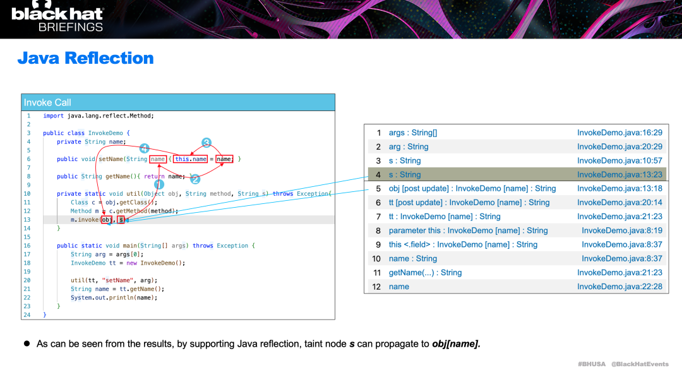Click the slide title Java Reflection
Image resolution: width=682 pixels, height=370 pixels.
(86, 58)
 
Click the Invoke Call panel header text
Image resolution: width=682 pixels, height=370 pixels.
(47, 102)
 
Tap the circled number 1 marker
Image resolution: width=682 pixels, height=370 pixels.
(159, 184)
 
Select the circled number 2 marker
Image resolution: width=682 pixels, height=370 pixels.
(195, 179)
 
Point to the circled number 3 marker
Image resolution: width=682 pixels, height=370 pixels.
(206, 143)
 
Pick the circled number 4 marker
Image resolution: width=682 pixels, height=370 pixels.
(144, 148)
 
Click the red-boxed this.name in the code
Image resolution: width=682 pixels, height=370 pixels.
(191, 159)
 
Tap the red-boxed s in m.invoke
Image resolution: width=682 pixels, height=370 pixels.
(121, 220)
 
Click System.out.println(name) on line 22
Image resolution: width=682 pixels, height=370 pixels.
(114, 297)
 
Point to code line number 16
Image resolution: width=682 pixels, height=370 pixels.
(28, 246)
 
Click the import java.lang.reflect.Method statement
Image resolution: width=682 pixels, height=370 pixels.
(98, 116)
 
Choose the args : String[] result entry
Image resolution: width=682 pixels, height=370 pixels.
(412, 133)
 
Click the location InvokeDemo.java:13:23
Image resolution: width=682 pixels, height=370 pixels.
(619, 175)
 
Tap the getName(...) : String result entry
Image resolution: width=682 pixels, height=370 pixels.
(425, 273)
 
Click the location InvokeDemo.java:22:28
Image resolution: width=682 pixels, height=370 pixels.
(619, 287)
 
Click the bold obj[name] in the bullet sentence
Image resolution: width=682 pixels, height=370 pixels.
(456, 344)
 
